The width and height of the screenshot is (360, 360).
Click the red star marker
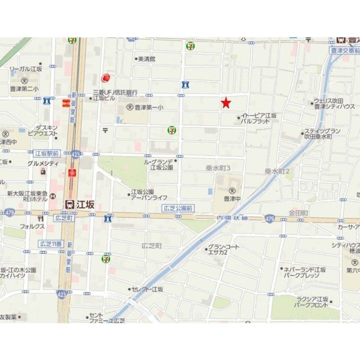[x=226, y=103]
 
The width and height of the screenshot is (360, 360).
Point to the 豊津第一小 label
[x=148, y=107]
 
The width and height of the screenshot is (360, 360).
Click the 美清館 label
[x=146, y=59]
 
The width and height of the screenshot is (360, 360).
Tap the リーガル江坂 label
[x=26, y=69]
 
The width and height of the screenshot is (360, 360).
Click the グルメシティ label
[x=43, y=163]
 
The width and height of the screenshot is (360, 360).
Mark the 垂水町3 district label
[x=217, y=168]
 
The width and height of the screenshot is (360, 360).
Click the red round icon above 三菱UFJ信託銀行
[x=105, y=78]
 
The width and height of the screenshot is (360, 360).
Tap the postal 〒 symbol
[x=105, y=129]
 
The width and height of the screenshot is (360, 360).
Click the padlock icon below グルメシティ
[x=43, y=171]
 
